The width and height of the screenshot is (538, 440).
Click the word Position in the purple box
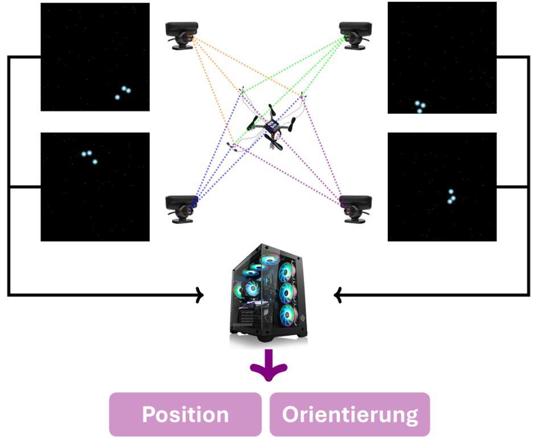tap(185, 414)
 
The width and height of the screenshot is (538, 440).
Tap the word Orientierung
tap(350, 414)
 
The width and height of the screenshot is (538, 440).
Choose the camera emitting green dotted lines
tap(354, 36)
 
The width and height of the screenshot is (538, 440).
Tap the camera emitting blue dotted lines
tap(182, 208)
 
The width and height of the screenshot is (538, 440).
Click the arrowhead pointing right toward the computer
tap(199, 294)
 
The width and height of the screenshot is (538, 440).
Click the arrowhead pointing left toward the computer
tap(338, 294)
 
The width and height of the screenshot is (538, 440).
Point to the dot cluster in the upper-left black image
tap(122, 92)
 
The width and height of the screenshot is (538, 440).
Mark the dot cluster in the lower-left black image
tap(89, 157)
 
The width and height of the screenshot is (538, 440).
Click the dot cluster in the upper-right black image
tap(419, 106)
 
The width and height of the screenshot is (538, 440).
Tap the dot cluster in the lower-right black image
tap(451, 197)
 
